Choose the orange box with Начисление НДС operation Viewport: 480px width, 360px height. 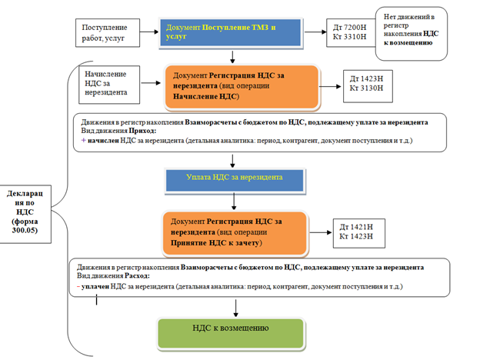pyautogui.click(x=230, y=87)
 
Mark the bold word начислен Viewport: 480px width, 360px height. pyautogui.click(x=105, y=142)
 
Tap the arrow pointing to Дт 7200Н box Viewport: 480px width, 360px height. pyautogui.click(x=312, y=32)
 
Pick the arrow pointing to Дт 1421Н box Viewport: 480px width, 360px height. pyautogui.click(x=319, y=230)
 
